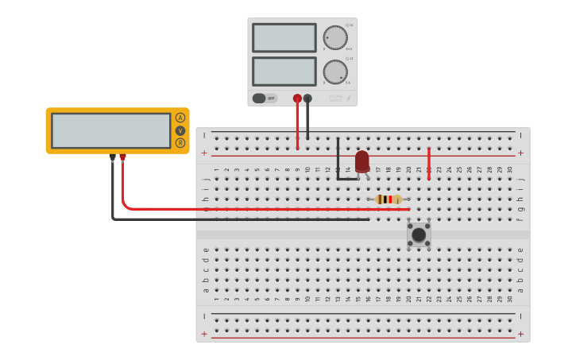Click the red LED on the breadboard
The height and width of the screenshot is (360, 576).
[362, 161]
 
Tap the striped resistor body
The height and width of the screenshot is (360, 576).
[389, 199]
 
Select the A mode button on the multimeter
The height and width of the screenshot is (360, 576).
[180, 118]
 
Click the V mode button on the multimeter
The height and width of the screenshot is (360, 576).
[180, 130]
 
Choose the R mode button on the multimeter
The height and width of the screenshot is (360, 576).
[180, 143]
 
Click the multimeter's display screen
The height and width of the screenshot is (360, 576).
[111, 130]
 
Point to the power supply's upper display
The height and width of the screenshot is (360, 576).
[284, 37]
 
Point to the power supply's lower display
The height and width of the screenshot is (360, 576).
[284, 72]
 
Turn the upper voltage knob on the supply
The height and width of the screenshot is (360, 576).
[335, 37]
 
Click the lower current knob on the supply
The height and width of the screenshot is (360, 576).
[335, 72]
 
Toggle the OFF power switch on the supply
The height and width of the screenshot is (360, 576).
[265, 99]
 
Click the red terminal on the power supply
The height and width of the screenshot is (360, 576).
[297, 99]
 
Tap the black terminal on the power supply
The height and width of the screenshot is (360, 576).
[307, 99]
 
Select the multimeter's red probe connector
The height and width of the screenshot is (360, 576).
[122, 157]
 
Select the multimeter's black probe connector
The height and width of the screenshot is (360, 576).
[112, 157]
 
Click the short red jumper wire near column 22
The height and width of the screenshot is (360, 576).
[429, 163]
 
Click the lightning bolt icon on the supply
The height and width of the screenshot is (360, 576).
[348, 99]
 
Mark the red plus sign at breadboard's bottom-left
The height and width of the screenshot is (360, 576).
[204, 335]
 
